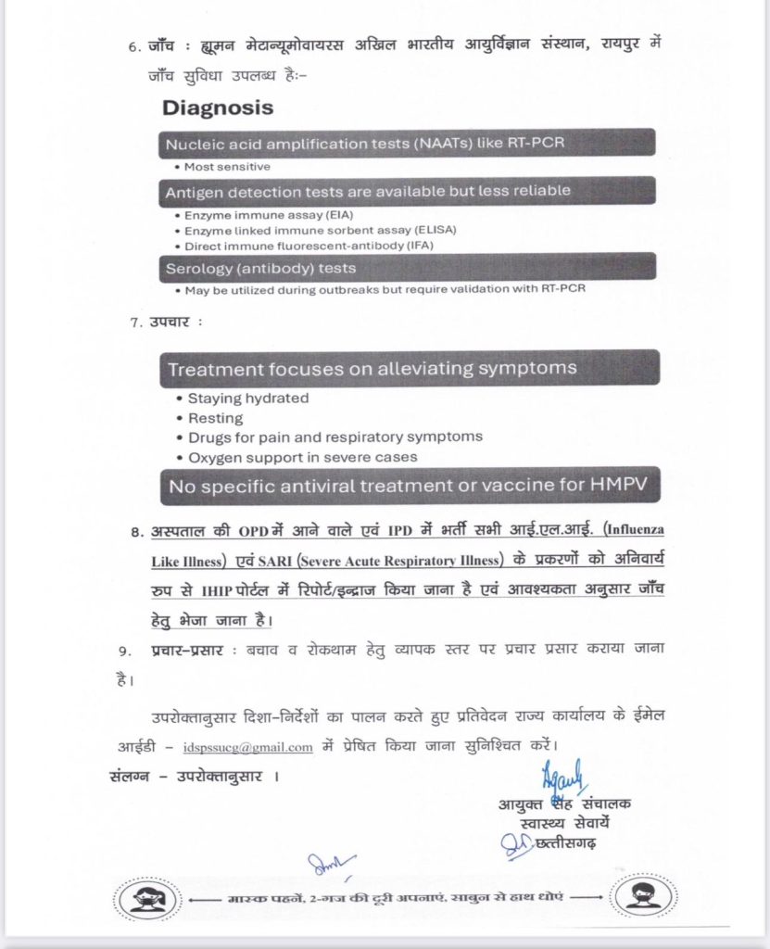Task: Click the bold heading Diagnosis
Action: [218, 108]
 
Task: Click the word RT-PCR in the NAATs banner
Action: [532, 145]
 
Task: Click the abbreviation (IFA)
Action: [412, 245]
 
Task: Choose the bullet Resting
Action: [216, 418]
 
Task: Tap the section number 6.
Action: [133, 46]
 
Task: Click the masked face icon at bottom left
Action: [146, 898]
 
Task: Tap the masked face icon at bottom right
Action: [639, 898]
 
